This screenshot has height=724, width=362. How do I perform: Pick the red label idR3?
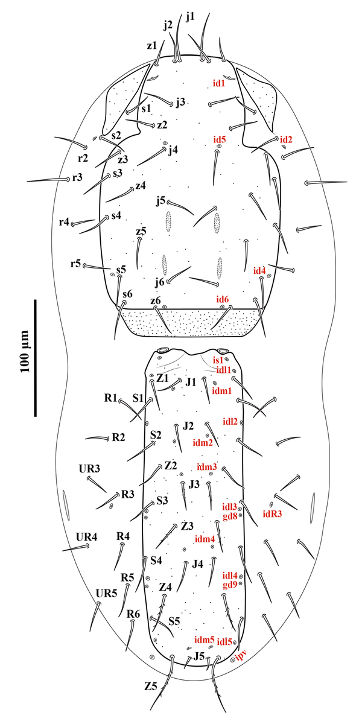[x=273, y=514]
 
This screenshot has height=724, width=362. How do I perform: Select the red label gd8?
[x=230, y=516]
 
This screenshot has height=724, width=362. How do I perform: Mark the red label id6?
[x=223, y=299]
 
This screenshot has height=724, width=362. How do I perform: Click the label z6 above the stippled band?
[x=155, y=300]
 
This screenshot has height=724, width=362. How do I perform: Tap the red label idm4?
[x=205, y=538]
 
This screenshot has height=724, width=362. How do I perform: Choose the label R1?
[x=110, y=398]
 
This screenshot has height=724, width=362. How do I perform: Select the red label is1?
[x=222, y=361]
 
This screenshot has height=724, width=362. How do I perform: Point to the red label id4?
[x=259, y=271]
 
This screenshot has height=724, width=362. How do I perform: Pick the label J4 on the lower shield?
[x=197, y=565]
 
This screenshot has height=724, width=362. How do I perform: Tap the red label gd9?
[x=230, y=584]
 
